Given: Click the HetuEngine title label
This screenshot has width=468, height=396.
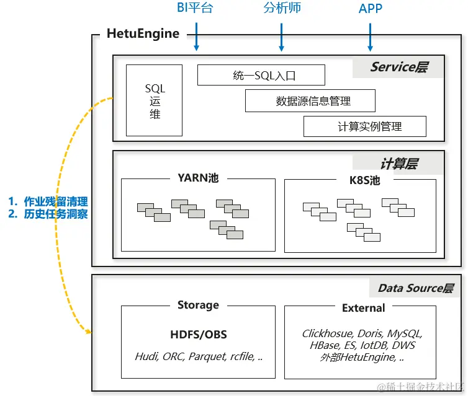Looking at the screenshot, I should (x=143, y=33).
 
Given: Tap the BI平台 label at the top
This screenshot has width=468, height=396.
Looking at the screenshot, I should (x=195, y=8).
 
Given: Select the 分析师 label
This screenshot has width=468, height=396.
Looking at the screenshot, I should (x=281, y=8).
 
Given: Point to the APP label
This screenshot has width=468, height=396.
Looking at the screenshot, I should (x=371, y=8).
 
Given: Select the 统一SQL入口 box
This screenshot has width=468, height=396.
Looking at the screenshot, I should (x=261, y=76).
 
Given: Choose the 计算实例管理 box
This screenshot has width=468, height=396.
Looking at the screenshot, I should (x=365, y=126).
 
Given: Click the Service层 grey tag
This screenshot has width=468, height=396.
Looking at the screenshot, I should (x=398, y=67).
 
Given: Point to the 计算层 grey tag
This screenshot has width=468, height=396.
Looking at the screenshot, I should (x=398, y=164).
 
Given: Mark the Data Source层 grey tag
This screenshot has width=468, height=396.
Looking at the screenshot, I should (x=416, y=288).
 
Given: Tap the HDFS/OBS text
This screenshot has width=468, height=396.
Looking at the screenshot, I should (x=199, y=335).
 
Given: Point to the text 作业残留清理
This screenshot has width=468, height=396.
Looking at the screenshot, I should (x=55, y=201).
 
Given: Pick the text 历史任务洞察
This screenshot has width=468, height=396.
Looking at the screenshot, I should (x=55, y=214).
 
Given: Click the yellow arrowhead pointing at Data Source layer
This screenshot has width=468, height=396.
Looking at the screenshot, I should (x=88, y=333).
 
